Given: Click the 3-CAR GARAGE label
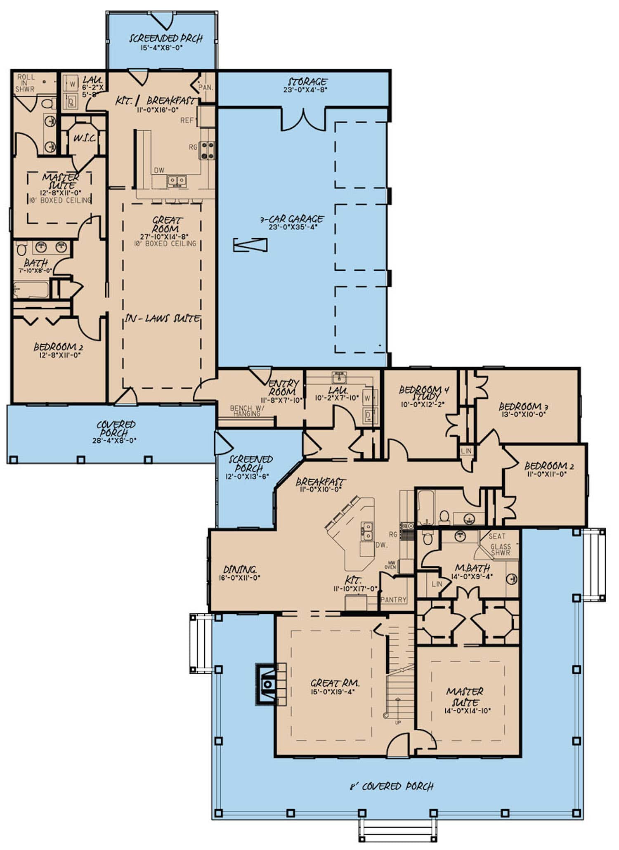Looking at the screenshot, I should click(x=291, y=219).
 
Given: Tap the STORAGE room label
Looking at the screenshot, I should click(x=307, y=82).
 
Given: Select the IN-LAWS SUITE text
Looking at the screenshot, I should click(x=162, y=319).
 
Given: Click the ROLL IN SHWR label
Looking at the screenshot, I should click(x=26, y=83).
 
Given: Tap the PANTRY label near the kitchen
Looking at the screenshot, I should click(x=393, y=600).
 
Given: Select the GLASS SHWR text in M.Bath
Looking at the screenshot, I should click(x=501, y=550).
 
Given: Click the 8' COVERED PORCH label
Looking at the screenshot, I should click(x=391, y=786).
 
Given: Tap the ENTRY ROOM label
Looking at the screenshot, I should click(x=283, y=387).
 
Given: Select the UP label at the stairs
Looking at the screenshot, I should click(x=398, y=734).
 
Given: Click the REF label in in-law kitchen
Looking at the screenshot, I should click(x=187, y=120).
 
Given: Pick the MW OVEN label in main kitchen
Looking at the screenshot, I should click(x=390, y=565).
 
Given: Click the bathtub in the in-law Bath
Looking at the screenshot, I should click(x=31, y=289).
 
